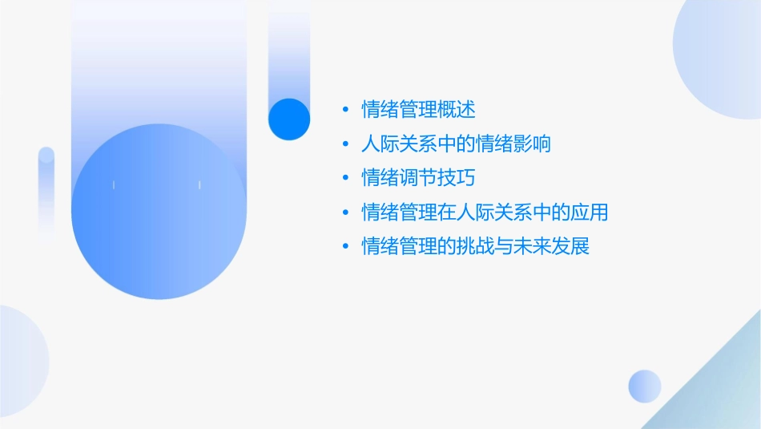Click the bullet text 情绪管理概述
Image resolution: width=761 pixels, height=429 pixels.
tap(419, 110)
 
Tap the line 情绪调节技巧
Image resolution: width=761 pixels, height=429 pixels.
tap(419, 178)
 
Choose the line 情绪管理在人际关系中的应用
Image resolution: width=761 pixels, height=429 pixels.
tap(485, 212)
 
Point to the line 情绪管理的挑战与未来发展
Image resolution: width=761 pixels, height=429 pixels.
tap(476, 246)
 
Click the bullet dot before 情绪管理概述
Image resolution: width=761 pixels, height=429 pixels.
tap(345, 110)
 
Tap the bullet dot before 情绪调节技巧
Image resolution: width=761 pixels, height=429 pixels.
tap(345, 178)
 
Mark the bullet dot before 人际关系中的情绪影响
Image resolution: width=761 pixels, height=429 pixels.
tap(345, 144)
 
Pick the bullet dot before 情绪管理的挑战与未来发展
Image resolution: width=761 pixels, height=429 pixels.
tap(345, 246)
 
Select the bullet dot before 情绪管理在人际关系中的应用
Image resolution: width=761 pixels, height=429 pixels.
tap(345, 212)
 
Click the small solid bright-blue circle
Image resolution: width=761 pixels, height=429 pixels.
tap(289, 119)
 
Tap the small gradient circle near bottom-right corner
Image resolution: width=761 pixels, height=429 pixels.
tap(645, 387)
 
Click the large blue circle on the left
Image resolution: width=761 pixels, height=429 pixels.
tap(158, 212)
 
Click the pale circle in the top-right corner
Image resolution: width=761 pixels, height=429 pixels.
tap(721, 48)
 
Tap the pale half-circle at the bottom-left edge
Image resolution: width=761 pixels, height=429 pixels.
tap(20, 361)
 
